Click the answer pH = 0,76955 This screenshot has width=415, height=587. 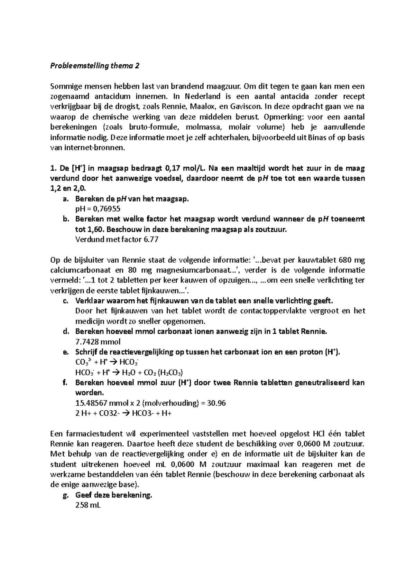(x=98, y=209)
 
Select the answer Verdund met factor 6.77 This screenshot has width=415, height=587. (x=117, y=239)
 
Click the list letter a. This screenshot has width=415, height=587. (x=66, y=199)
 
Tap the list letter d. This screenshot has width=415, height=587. (x=66, y=332)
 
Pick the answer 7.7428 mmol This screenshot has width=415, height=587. (x=98, y=342)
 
